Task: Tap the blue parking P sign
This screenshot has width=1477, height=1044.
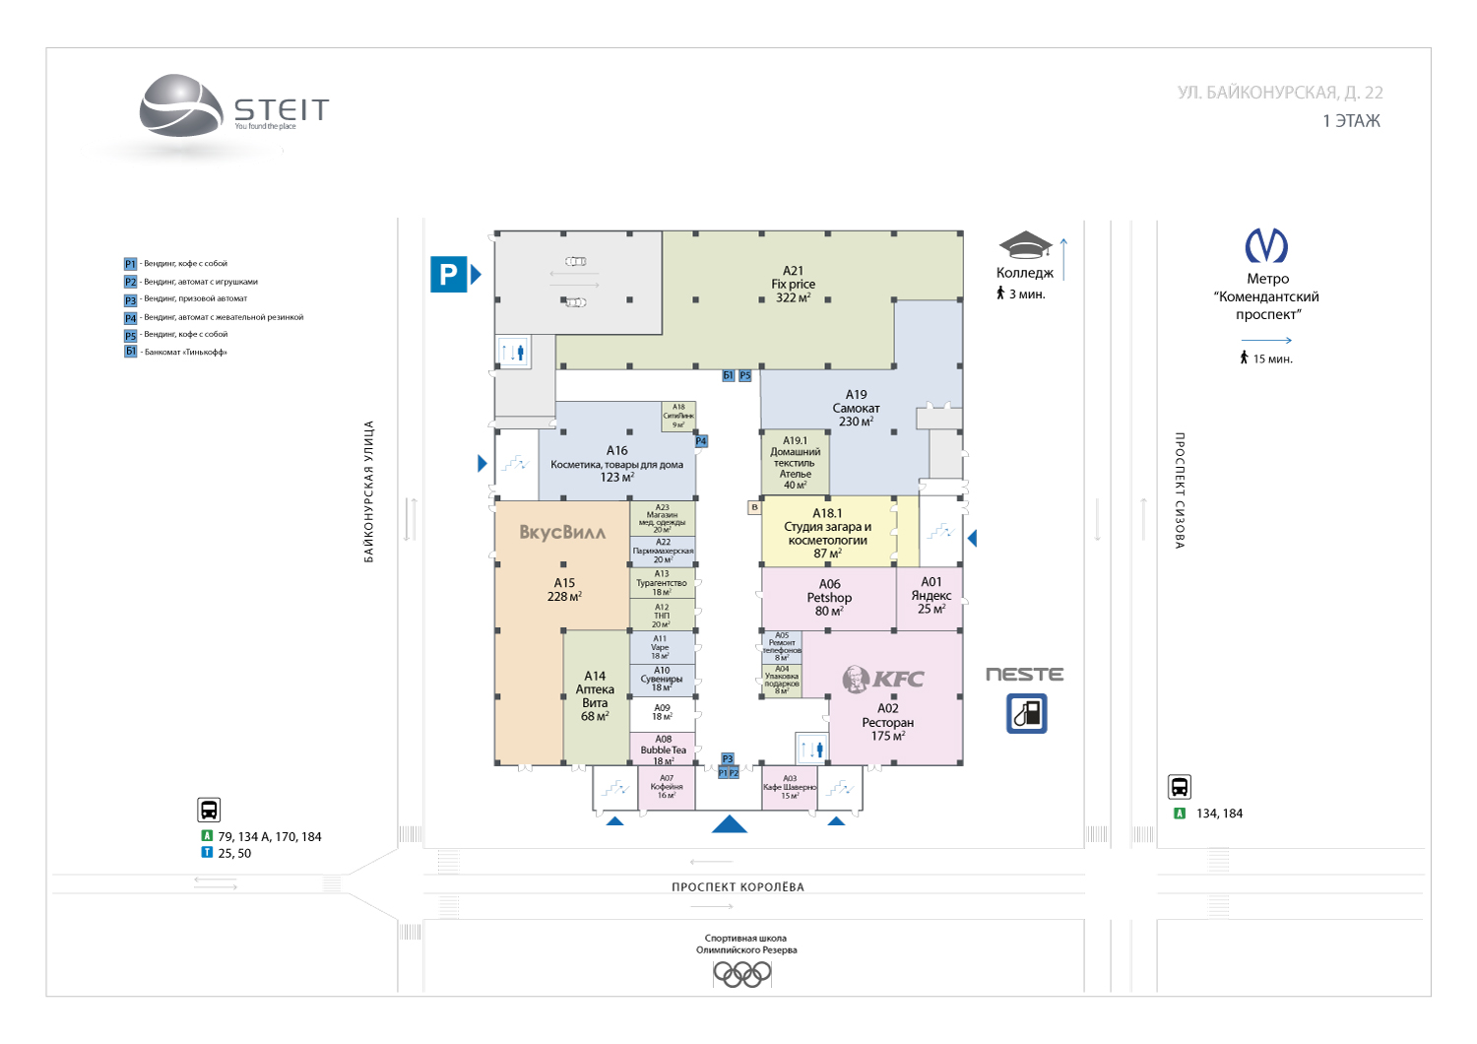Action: click(x=449, y=274)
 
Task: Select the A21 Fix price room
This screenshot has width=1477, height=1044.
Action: click(x=793, y=284)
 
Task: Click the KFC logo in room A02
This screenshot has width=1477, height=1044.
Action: click(x=883, y=678)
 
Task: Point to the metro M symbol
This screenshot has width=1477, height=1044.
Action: click(x=1266, y=245)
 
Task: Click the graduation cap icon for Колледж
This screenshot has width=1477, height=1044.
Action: click(x=1025, y=245)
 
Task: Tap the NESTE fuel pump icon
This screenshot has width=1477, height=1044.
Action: click(x=1026, y=713)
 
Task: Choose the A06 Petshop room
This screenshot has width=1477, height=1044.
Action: click(x=829, y=597)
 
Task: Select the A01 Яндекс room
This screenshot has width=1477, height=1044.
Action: click(x=931, y=596)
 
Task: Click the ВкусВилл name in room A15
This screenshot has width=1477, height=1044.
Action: click(x=562, y=533)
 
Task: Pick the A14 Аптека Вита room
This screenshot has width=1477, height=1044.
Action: click(x=595, y=696)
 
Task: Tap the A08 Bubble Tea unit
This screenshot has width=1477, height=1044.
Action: click(x=663, y=750)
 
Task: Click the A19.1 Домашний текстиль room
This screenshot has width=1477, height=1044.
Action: click(x=795, y=463)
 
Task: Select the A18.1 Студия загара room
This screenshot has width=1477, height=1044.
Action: click(x=827, y=533)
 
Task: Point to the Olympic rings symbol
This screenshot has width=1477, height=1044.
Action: click(x=742, y=974)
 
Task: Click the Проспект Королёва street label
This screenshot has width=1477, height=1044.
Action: click(x=738, y=887)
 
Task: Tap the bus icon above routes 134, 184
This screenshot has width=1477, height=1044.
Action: click(x=1180, y=787)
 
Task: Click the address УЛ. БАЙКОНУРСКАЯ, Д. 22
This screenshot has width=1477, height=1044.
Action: click(x=1279, y=93)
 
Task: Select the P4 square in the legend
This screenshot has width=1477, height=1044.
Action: click(x=130, y=318)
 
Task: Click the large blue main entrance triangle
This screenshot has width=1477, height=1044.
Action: click(x=730, y=824)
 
